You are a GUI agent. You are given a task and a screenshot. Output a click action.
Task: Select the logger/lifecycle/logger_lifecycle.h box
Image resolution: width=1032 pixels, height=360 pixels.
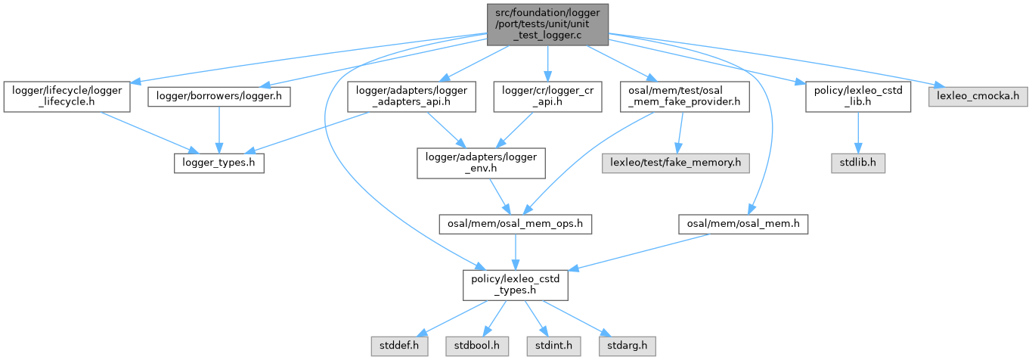point(66,97)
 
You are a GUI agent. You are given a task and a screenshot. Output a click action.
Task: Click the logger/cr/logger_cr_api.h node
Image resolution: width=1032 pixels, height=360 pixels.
point(548,97)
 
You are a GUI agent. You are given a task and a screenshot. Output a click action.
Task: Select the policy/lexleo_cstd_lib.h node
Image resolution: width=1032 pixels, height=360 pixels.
point(857,97)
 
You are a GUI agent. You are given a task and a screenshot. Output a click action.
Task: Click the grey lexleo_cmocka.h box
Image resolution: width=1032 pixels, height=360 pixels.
point(978,97)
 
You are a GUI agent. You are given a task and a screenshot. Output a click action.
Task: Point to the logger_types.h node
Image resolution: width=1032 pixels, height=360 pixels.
point(218,163)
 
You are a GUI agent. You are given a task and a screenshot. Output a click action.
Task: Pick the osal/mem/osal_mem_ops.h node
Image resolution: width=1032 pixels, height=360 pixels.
point(516,224)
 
